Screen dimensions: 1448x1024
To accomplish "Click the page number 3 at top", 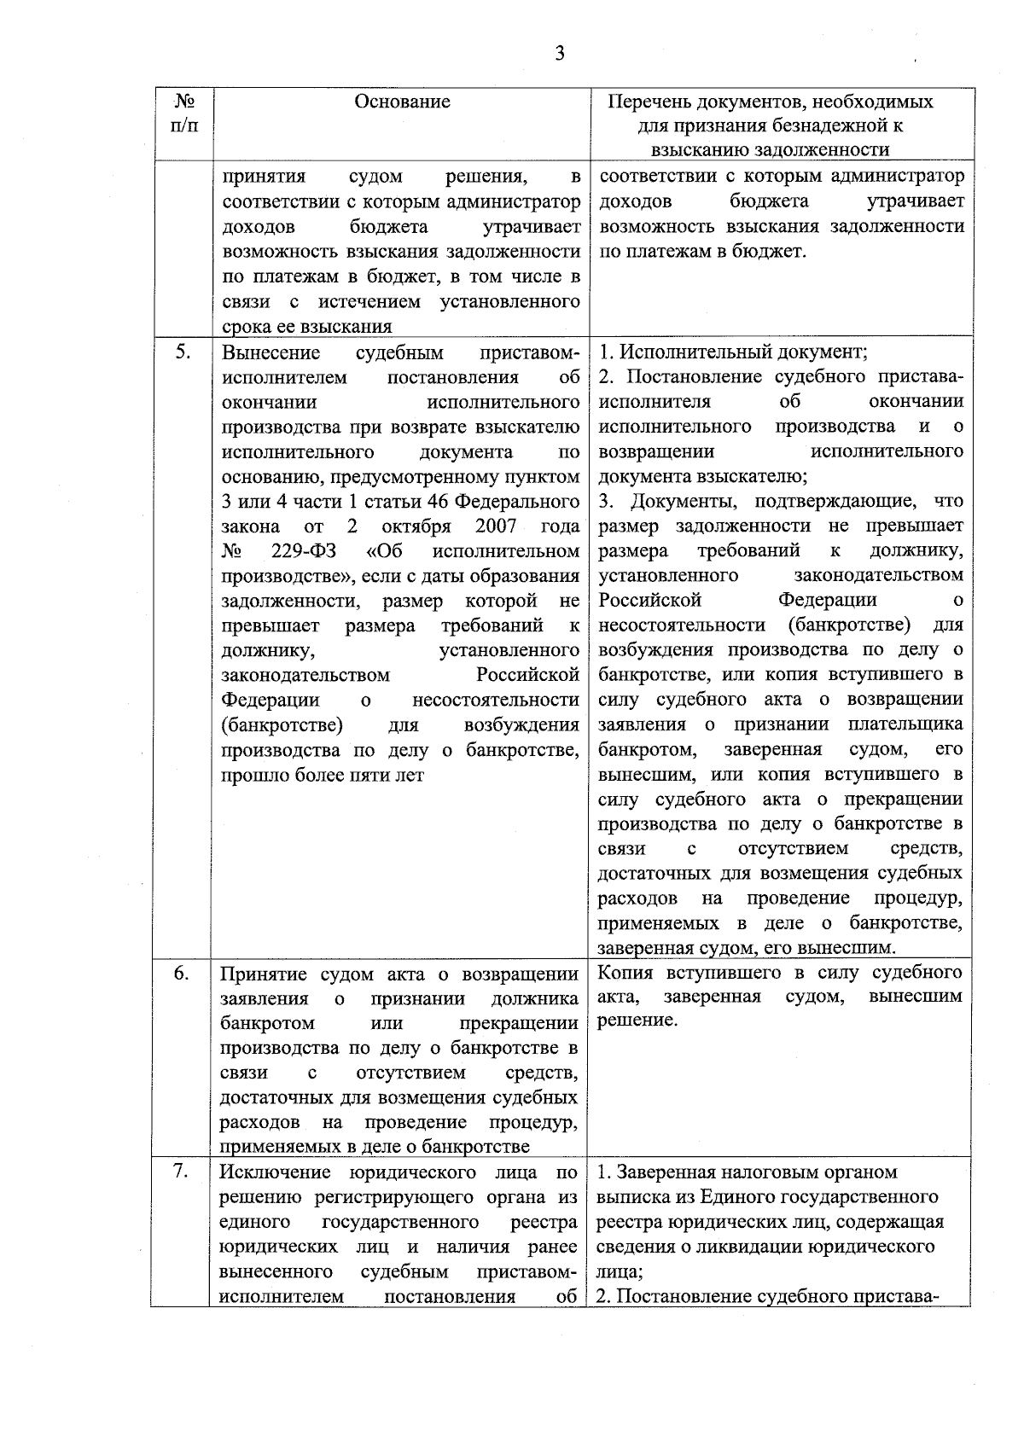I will (x=559, y=54).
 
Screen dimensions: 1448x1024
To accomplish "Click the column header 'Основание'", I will (x=402, y=102).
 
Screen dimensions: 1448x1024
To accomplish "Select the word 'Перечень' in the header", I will (x=646, y=102).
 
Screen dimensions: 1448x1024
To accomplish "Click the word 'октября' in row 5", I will (x=416, y=525).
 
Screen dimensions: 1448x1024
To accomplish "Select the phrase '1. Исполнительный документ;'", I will (x=732, y=352).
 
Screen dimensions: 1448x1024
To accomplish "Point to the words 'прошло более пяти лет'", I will (x=323, y=776).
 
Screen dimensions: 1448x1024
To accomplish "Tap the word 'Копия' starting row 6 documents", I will (x=626, y=973).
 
